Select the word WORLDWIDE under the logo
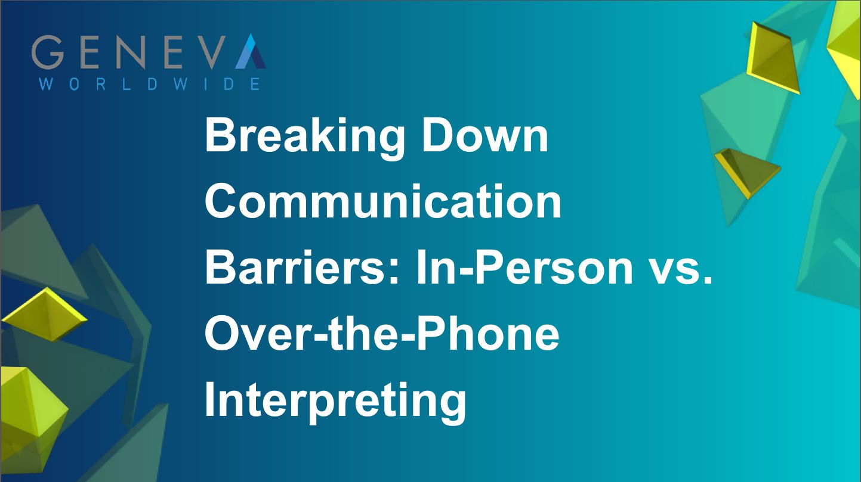coord(149,83)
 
